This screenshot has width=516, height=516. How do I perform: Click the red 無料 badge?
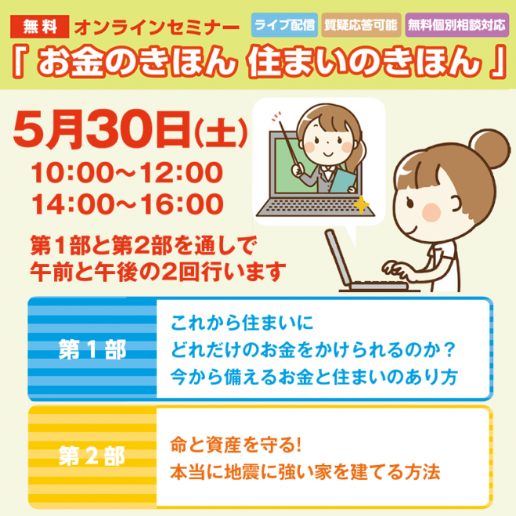[39, 27]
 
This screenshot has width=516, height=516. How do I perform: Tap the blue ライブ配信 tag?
[284, 25]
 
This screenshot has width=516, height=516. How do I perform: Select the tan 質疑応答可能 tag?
[361, 25]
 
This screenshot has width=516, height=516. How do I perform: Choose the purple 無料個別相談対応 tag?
[456, 25]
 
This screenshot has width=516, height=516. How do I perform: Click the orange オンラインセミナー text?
[157, 27]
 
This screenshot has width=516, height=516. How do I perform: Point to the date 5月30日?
[101, 130]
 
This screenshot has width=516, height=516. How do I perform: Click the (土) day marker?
[221, 132]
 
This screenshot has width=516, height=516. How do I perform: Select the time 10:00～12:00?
[128, 172]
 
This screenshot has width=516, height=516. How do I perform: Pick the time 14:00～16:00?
[128, 204]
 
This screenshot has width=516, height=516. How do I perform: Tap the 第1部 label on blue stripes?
[92, 349]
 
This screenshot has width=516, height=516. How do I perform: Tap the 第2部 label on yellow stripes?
[92, 456]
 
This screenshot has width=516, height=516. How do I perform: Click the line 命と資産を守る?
[236, 445]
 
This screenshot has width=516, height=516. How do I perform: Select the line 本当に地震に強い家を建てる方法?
[305, 472]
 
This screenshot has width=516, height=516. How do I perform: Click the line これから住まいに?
[242, 323]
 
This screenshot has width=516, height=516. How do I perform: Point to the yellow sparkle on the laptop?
[361, 204]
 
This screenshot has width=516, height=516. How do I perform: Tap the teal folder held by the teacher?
[343, 181]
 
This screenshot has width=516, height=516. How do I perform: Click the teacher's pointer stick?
[289, 144]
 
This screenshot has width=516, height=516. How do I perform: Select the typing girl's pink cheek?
[431, 212]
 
